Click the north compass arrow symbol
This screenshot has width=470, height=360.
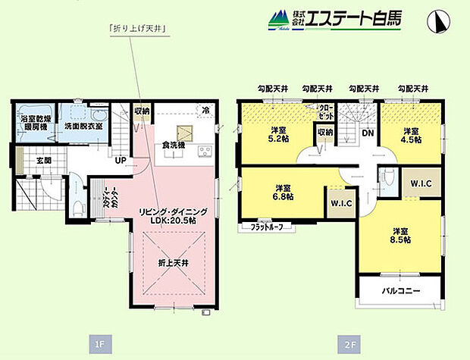pyautogui.click(x=437, y=22)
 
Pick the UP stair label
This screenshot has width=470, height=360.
pyautogui.click(x=121, y=161)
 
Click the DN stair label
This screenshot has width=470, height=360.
pyautogui.click(x=367, y=133)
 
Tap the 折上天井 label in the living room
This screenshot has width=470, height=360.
pyautogui.click(x=168, y=263)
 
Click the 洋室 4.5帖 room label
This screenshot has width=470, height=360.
pyautogui.click(x=412, y=133)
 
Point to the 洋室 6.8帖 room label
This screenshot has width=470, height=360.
pyautogui.click(x=284, y=193)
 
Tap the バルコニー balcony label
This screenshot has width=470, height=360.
pyautogui.click(x=400, y=290)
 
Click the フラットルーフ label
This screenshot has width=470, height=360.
pyautogui.click(x=262, y=226)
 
